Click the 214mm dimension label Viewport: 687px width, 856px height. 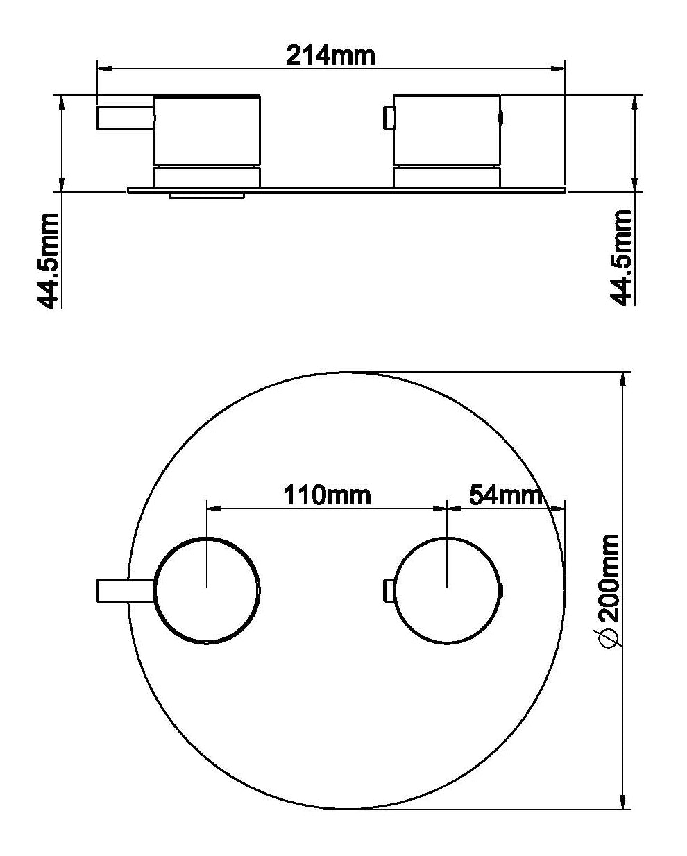(x=331, y=55)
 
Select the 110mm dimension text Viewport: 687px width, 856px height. (x=327, y=495)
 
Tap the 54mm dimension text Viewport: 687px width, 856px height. (x=504, y=495)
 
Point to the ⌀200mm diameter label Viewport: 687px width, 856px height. (x=608, y=590)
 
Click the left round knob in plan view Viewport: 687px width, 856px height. (x=207, y=590)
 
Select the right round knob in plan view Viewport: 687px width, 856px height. (x=446, y=590)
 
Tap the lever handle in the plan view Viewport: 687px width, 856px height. (x=124, y=590)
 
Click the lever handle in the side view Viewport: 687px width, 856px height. (x=124, y=117)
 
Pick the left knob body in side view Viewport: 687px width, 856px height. (x=207, y=130)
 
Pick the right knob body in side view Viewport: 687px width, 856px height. (x=446, y=130)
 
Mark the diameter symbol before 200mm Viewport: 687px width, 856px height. (x=608, y=640)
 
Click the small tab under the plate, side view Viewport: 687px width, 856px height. (x=207, y=196)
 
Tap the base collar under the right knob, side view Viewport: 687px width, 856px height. (x=446, y=177)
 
